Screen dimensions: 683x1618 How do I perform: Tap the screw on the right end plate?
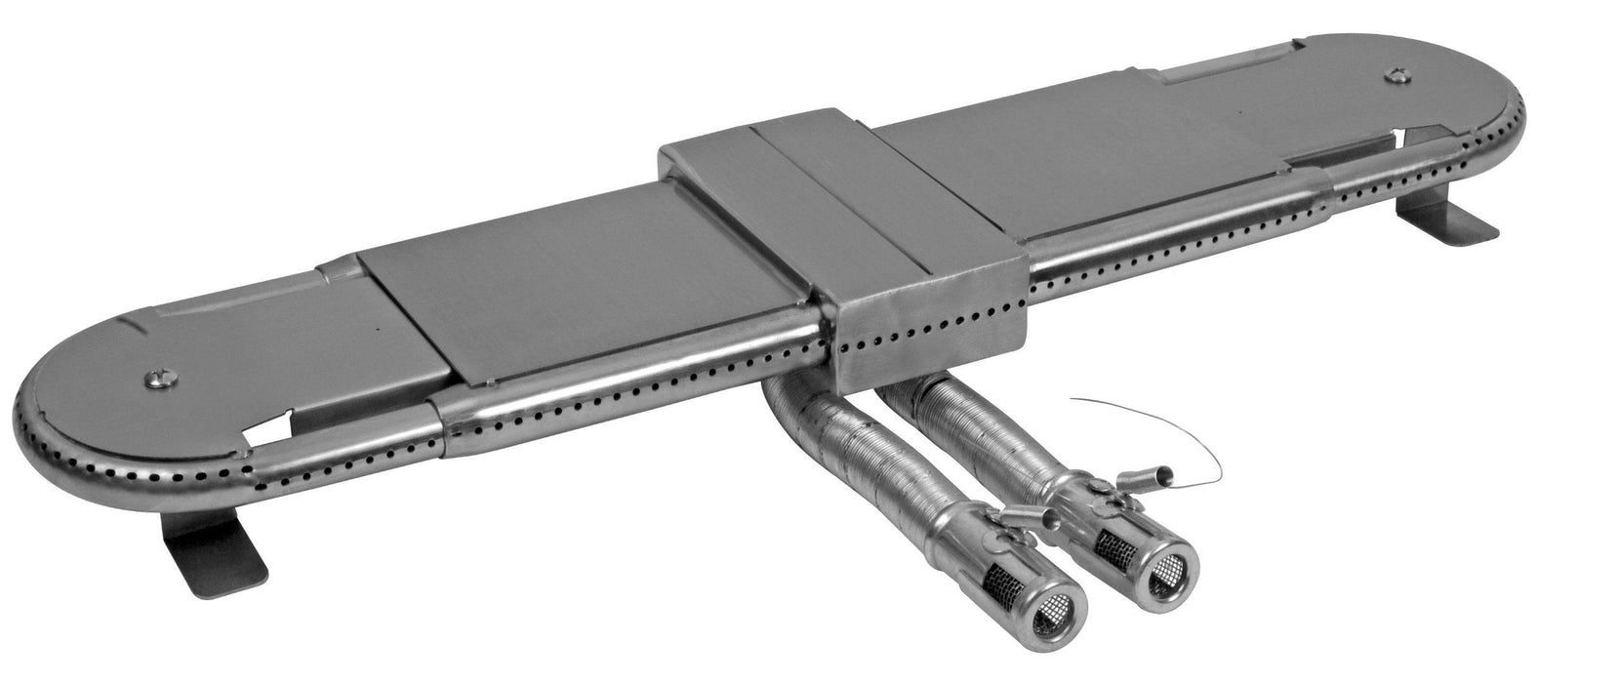point(1400,75)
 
